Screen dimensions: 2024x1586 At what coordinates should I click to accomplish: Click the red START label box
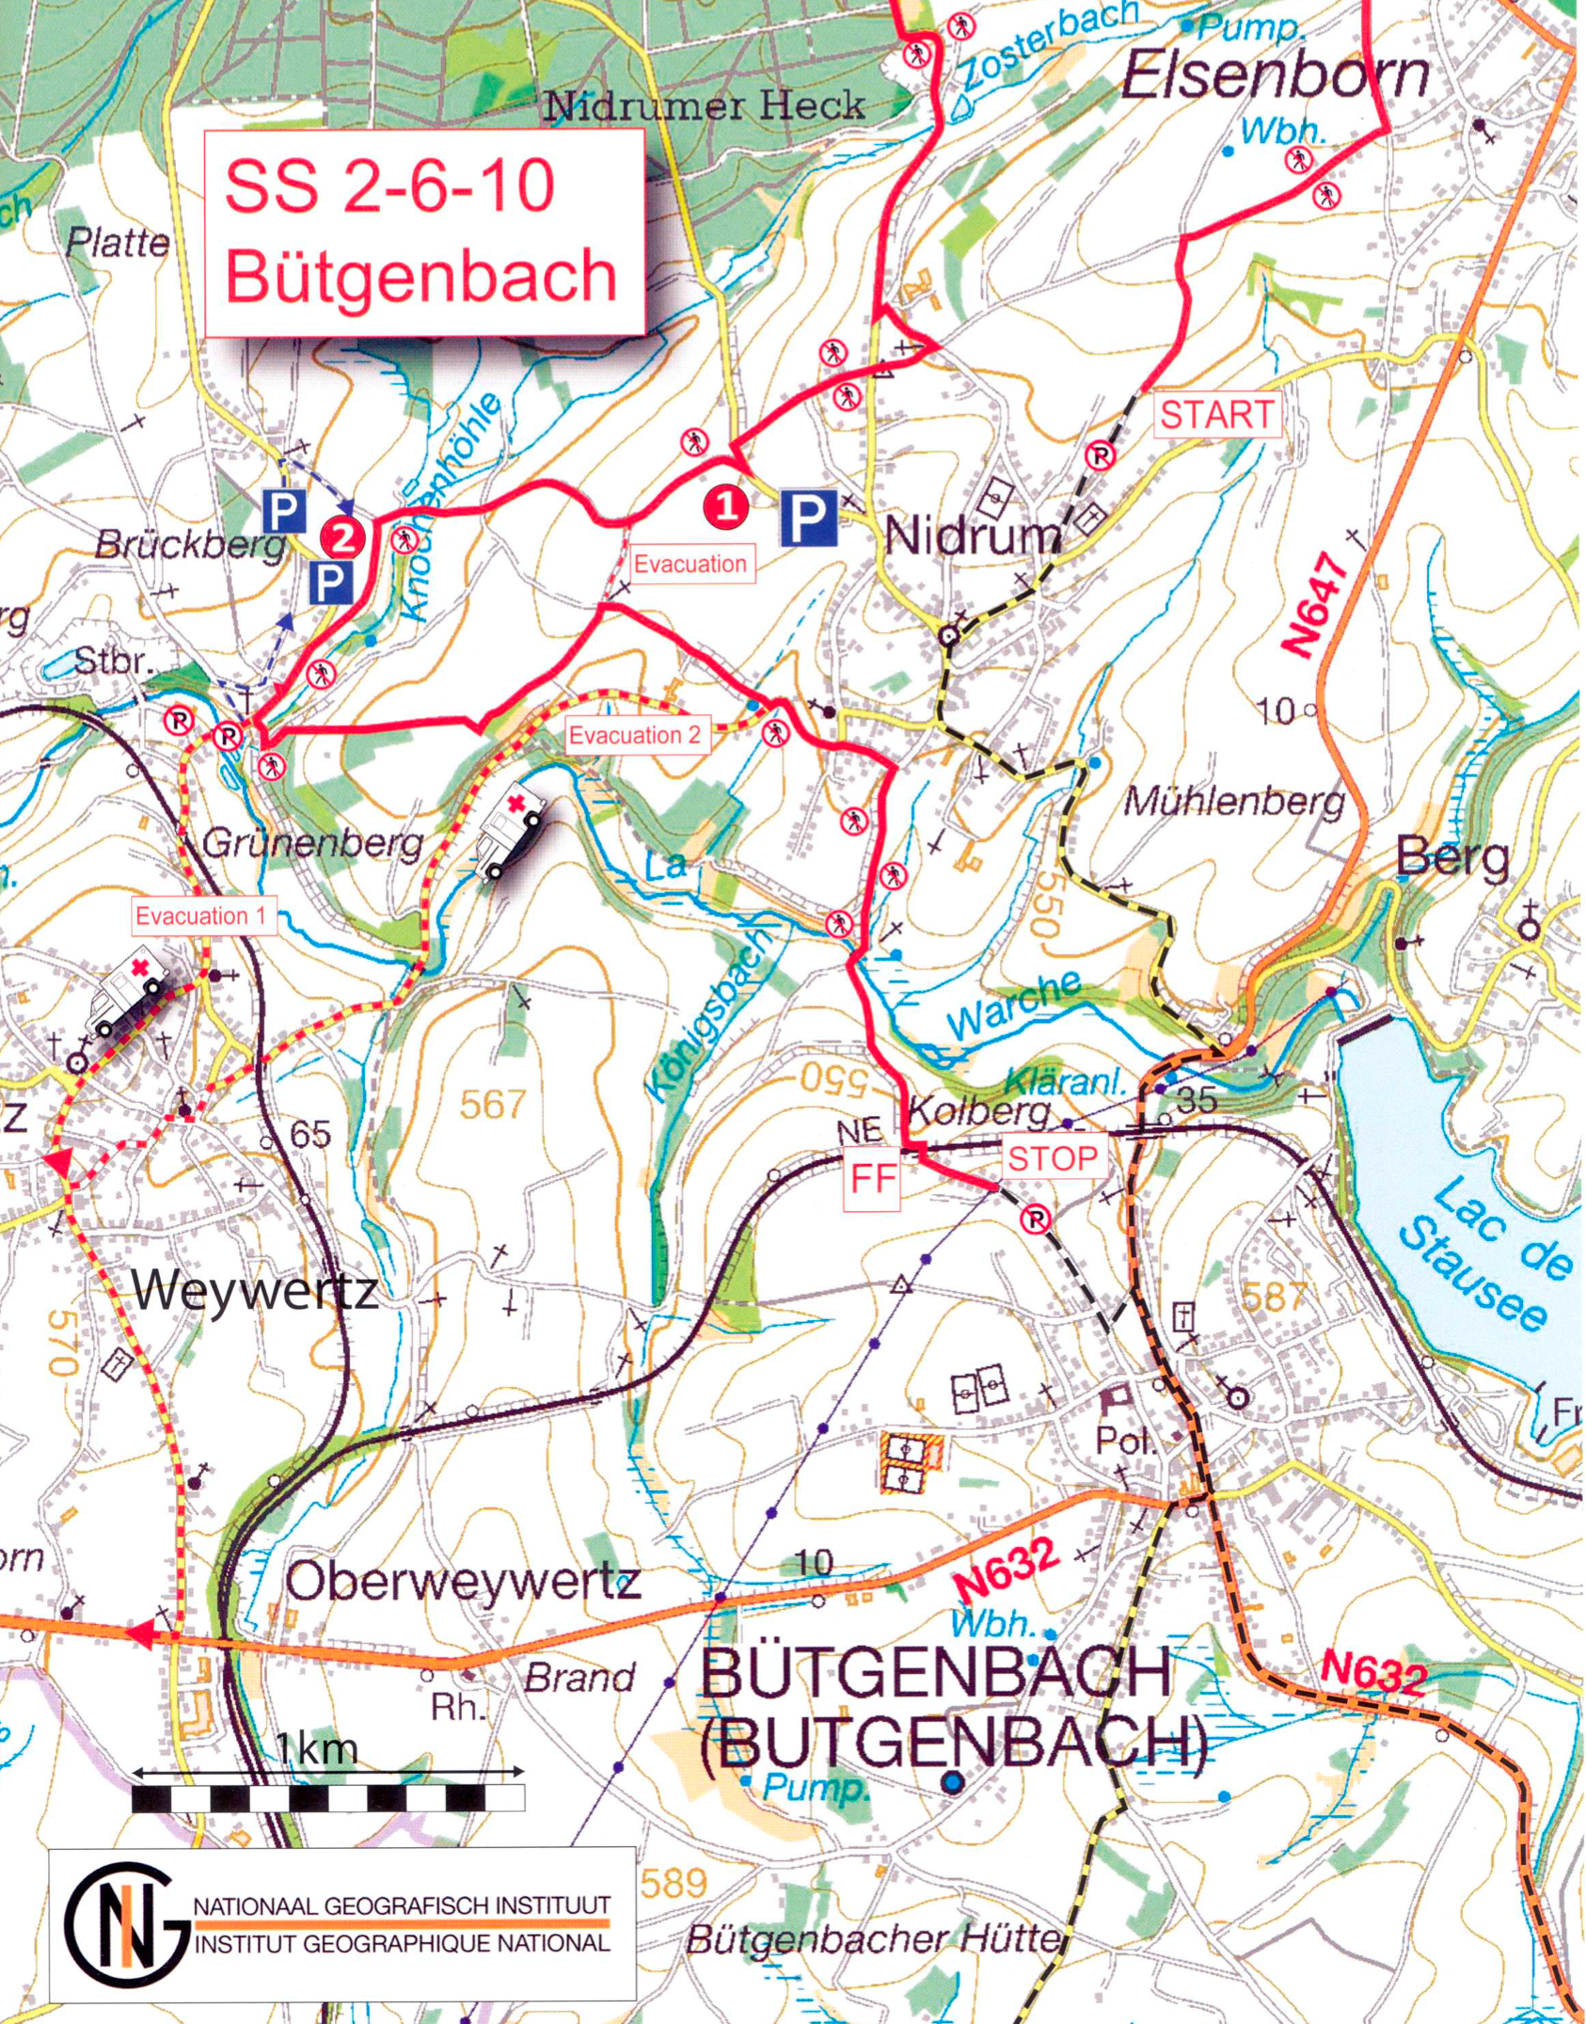click(x=1216, y=415)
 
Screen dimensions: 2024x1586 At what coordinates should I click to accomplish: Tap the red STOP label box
click(x=1053, y=1158)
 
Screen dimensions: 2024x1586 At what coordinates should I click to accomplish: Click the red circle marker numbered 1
click(x=725, y=508)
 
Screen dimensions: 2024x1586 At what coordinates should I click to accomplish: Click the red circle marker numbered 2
click(x=341, y=537)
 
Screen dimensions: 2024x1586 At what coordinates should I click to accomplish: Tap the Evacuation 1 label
click(x=200, y=916)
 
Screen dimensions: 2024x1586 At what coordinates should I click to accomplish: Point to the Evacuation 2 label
click(x=637, y=735)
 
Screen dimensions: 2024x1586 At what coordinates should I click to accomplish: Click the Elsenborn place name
click(x=1275, y=77)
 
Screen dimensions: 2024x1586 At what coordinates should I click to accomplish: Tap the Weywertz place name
click(x=255, y=1290)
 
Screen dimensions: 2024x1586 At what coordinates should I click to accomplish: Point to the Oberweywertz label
click(x=464, y=1583)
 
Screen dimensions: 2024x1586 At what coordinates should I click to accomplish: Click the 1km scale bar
click(x=327, y=1799)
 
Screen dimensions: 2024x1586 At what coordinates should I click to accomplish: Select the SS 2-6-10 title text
click(x=390, y=185)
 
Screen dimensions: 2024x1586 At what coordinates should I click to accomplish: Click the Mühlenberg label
click(x=1234, y=802)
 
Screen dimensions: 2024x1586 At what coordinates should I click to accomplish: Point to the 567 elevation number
click(x=493, y=1104)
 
